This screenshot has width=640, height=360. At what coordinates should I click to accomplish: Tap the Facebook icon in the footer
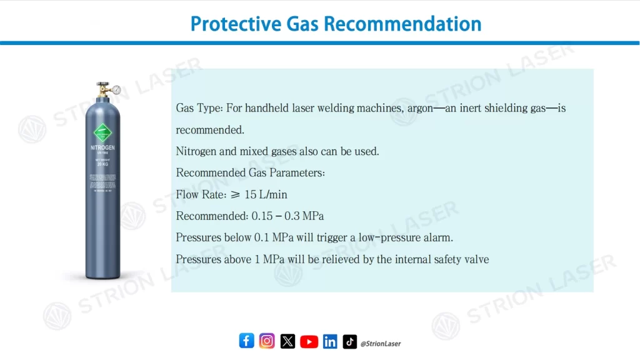[x=246, y=341]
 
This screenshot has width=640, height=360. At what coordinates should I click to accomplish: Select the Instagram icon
[x=267, y=341]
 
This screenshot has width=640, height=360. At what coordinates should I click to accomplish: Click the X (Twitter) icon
[x=287, y=341]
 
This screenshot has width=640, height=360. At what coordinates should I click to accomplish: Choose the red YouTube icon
[x=309, y=341]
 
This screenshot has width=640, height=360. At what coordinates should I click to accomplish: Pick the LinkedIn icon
[x=330, y=341]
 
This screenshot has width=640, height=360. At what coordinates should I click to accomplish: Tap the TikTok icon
[x=350, y=341]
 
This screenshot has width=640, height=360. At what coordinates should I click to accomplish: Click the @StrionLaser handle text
[x=381, y=343]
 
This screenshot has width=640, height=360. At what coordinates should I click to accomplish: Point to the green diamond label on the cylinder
[x=102, y=133]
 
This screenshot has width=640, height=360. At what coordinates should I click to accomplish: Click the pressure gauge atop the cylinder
[x=116, y=89]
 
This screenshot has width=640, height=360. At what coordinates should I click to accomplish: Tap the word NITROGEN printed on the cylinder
[x=102, y=149]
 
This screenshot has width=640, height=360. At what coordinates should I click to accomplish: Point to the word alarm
[x=437, y=237]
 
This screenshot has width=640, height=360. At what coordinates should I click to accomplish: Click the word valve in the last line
[x=476, y=259]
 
